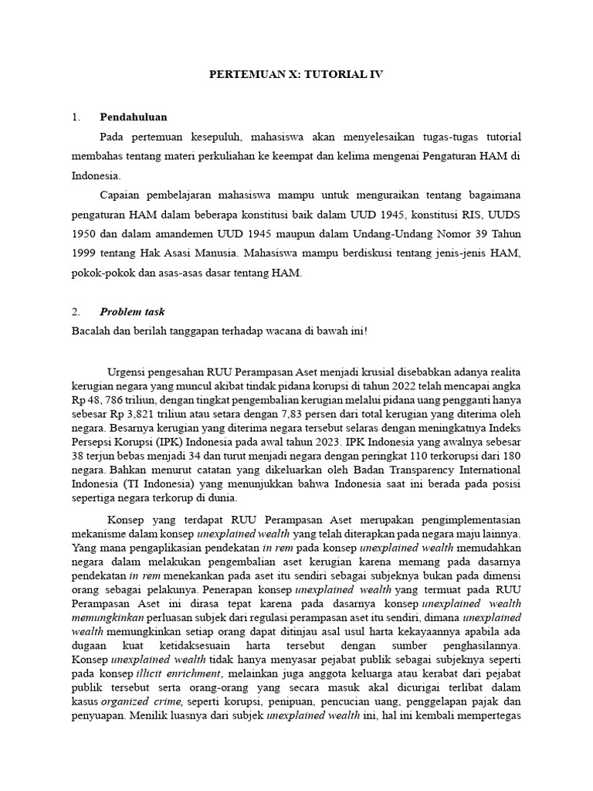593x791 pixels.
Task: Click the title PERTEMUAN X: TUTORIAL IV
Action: pyautogui.click(x=296, y=75)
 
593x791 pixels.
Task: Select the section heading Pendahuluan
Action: pyautogui.click(x=134, y=117)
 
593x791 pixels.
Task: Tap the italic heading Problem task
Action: pyautogui.click(x=132, y=312)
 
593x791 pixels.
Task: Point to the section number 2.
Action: pyautogui.click(x=75, y=312)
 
